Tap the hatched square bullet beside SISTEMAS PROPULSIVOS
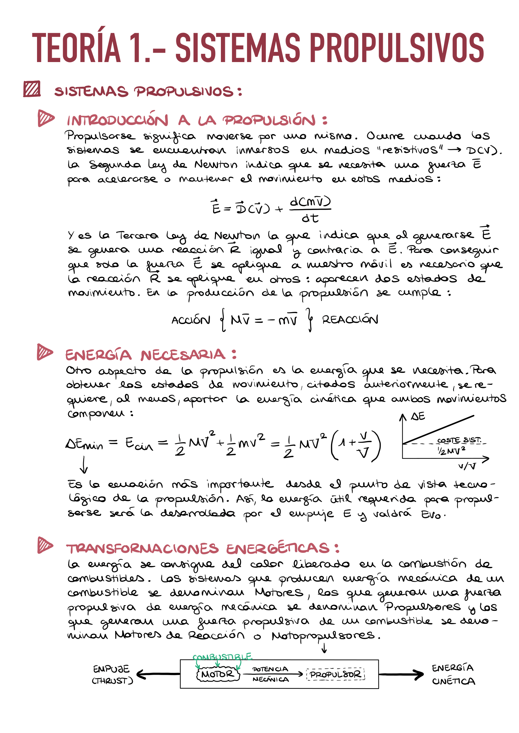[x=32, y=89]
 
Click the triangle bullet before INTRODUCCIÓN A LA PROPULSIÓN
[x=45, y=118]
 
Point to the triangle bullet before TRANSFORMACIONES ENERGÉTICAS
[x=45, y=545]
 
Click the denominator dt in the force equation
[x=310, y=218]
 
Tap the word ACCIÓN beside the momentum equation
[x=191, y=320]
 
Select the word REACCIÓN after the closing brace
[x=350, y=320]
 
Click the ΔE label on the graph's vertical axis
[x=418, y=416]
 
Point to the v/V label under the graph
[x=467, y=466]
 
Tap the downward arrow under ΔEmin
[x=84, y=465]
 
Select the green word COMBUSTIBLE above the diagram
[x=222, y=657]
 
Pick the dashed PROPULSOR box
[x=335, y=674]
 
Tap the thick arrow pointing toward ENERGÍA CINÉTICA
[x=401, y=674]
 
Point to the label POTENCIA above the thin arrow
[x=270, y=669]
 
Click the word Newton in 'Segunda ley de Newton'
[x=216, y=165]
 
